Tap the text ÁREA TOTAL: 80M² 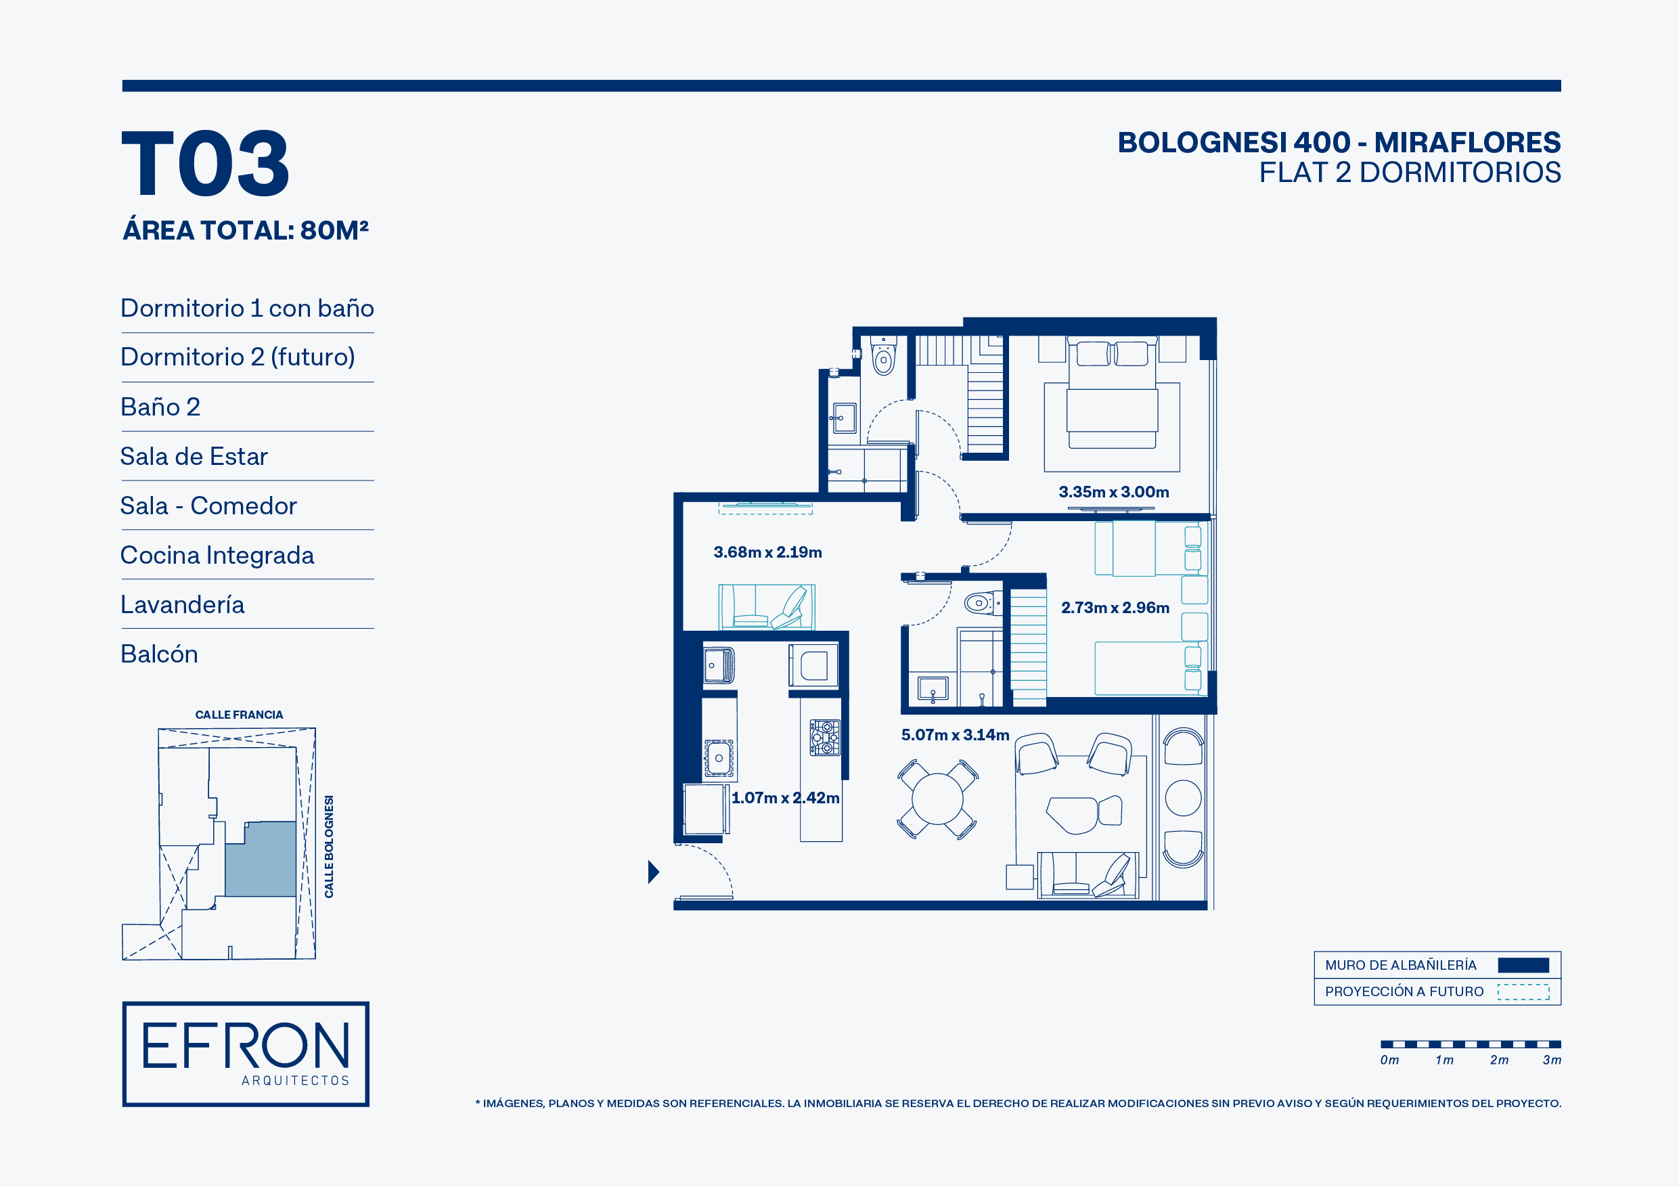coord(246,230)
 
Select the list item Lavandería coord(182,605)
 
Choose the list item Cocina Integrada coord(217,555)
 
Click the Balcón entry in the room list coord(160,654)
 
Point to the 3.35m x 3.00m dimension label coord(1114,492)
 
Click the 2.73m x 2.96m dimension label coord(1115,608)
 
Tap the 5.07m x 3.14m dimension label coord(955,735)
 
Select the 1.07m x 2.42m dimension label coord(786,798)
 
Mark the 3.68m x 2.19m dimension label coord(768,552)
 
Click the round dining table coord(937,799)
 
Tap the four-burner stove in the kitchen coord(825,737)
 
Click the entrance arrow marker coord(653,872)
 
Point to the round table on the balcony coord(1182,798)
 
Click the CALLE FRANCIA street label coord(239,715)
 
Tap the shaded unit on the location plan coord(261,859)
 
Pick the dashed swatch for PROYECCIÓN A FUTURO coord(1523,991)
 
